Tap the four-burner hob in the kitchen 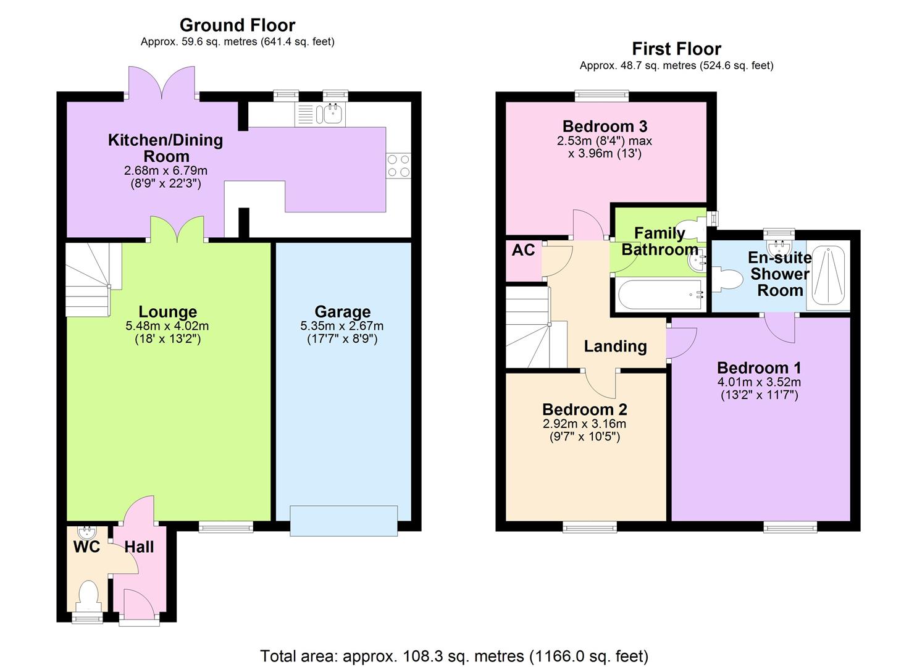click(x=398, y=166)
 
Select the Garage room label click(x=343, y=312)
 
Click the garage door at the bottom click(x=344, y=520)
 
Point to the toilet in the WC click(x=88, y=594)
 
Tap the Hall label click(x=139, y=547)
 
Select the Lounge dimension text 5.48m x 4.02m click(x=167, y=326)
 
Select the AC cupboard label click(x=523, y=250)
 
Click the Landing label click(x=615, y=346)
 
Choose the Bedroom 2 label click(x=584, y=409)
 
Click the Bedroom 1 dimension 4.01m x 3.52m click(x=760, y=382)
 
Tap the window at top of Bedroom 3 click(x=601, y=95)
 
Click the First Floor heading click(x=676, y=49)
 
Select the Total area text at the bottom click(x=454, y=655)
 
